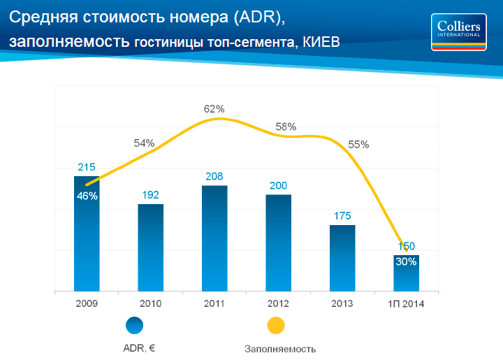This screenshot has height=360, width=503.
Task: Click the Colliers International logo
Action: [x=460, y=31]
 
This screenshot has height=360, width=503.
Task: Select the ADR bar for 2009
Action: [x=87, y=238]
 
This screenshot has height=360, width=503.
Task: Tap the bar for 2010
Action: [x=150, y=247]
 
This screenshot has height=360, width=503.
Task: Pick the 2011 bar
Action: [x=214, y=238]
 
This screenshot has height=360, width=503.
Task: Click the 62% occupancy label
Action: [x=214, y=109]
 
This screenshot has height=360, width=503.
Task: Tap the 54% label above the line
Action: [x=144, y=143]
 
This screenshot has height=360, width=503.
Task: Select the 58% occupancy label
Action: [x=286, y=127]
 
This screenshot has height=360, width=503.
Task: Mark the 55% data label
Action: [x=358, y=145]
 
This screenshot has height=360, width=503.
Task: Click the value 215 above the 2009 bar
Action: [x=87, y=167]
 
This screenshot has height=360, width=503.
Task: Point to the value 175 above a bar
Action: [x=342, y=216]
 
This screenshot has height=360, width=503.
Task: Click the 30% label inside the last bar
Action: [x=406, y=262]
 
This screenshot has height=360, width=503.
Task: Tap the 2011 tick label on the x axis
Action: [x=214, y=303]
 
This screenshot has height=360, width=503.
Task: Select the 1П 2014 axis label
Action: [x=406, y=303]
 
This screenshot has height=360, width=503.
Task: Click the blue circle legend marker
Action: [x=134, y=325]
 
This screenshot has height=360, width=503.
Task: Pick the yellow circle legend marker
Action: [x=276, y=325]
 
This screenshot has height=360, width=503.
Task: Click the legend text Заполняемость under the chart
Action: [x=280, y=348]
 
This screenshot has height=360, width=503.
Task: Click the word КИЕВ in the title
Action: [x=321, y=42]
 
